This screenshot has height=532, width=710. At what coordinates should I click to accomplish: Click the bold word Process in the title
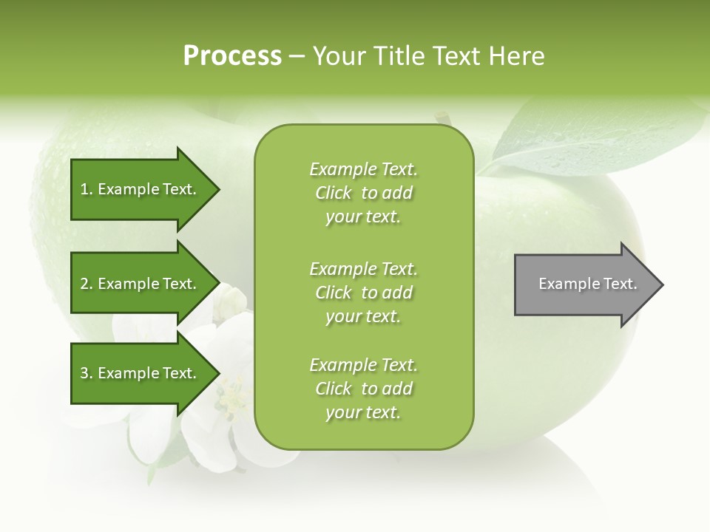232,56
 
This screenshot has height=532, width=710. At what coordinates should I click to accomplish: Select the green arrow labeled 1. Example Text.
141,189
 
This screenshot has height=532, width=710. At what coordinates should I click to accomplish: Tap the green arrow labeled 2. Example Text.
141,284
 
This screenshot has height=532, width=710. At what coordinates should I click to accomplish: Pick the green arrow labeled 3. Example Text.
141,373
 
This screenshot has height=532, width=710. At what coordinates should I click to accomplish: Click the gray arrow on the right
584,284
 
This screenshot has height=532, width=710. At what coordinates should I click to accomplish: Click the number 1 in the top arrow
84,189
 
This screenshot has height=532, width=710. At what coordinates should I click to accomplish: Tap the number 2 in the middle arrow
84,284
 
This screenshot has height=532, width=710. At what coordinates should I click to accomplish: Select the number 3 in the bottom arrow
84,373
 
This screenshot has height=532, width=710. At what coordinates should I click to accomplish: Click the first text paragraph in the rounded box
363,193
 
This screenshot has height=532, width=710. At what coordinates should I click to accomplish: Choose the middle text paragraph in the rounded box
363,293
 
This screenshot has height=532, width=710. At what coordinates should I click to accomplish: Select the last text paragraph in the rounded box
363,389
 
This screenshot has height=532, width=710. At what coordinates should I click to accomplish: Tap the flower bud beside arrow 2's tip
234,300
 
